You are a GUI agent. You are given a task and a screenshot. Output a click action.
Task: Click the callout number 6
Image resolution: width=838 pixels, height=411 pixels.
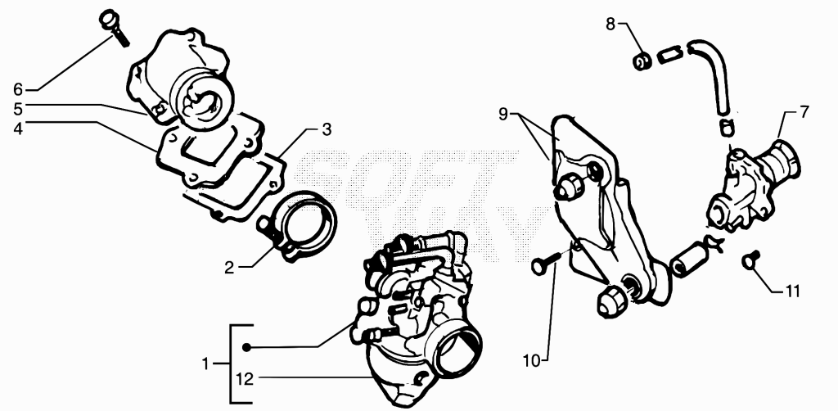[18, 88]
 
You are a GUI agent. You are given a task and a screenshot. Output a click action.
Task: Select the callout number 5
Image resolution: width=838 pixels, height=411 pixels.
[18, 109]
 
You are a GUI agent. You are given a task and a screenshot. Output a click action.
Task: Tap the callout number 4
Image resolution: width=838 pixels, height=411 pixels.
[18, 129]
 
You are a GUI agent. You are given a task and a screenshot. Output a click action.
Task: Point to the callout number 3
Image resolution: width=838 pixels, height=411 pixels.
[326, 129]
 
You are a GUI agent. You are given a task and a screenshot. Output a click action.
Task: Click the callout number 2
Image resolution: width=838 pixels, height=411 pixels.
[229, 267]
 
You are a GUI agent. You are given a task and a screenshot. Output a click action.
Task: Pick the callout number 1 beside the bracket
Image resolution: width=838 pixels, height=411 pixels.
[205, 364]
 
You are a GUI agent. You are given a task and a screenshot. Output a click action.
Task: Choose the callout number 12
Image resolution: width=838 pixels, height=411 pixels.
[244, 379]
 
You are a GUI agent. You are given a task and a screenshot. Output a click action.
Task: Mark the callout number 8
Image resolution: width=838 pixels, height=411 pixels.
[610, 24]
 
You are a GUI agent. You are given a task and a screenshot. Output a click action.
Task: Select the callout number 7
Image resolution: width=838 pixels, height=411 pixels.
[804, 111]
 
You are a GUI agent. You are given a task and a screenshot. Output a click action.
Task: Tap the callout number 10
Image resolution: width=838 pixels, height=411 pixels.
[532, 360]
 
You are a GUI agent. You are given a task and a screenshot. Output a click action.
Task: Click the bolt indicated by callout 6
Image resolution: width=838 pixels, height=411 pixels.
[114, 27]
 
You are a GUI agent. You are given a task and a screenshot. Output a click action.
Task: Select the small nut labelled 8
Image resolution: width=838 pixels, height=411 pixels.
[642, 61]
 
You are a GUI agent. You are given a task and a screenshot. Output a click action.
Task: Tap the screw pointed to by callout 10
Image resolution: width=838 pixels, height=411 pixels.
[545, 263]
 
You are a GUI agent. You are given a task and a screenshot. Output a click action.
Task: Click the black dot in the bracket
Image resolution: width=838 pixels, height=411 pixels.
[246, 347]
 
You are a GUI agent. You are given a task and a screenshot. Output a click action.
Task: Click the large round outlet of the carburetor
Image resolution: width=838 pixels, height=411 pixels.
[459, 351]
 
